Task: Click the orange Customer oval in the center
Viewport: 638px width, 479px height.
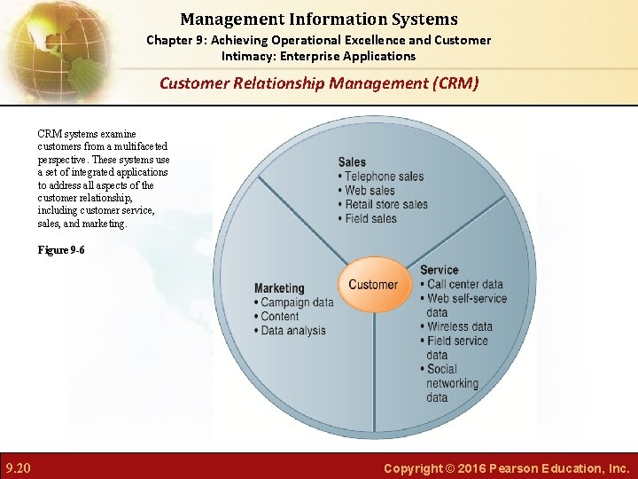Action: click(x=373, y=285)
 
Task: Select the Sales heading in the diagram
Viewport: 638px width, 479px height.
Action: click(x=352, y=162)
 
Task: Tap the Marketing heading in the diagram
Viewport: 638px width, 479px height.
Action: click(x=279, y=288)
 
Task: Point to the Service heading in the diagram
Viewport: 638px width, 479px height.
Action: click(x=440, y=271)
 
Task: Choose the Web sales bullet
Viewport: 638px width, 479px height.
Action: click(x=370, y=191)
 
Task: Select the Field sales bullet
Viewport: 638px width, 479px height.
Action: click(x=370, y=219)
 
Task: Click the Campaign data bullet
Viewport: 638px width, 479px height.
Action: click(x=297, y=302)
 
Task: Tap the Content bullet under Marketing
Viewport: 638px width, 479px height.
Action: click(x=280, y=317)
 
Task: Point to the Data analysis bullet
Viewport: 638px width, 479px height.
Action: click(x=293, y=331)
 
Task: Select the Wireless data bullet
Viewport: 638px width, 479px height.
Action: click(x=459, y=326)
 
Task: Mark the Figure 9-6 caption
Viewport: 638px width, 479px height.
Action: click(x=61, y=250)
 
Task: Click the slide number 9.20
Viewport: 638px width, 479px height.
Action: click(x=18, y=467)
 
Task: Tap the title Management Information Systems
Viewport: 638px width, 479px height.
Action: click(x=319, y=19)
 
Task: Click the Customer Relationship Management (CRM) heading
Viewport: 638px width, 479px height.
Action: click(x=319, y=83)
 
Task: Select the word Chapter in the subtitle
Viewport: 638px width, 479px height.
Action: click(x=168, y=40)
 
